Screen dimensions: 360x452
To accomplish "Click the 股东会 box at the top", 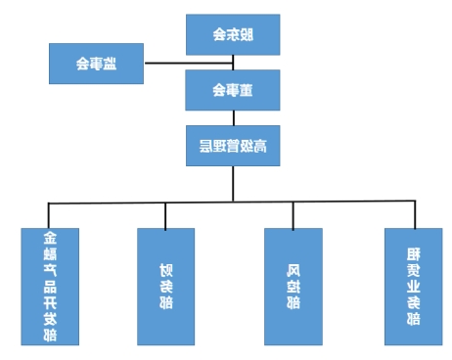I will coord(233,35).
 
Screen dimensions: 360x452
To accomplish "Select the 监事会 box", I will coord(96,64).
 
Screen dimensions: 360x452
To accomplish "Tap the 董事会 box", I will coord(233,92).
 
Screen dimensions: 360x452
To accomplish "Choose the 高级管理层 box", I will coord(233,148).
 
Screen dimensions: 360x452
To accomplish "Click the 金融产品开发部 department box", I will coord(49,286).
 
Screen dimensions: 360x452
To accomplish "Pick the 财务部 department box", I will coord(165,286).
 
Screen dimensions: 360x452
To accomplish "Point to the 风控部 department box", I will coord(293,286).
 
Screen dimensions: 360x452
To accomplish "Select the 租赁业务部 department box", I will coord(413,286).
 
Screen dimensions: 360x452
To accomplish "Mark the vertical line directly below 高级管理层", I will coord(233,184).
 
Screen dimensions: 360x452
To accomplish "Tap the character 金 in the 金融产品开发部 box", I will coord(49,239).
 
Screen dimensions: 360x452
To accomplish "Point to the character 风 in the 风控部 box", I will coord(293,269).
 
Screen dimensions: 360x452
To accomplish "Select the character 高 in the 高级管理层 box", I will coord(260,148).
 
